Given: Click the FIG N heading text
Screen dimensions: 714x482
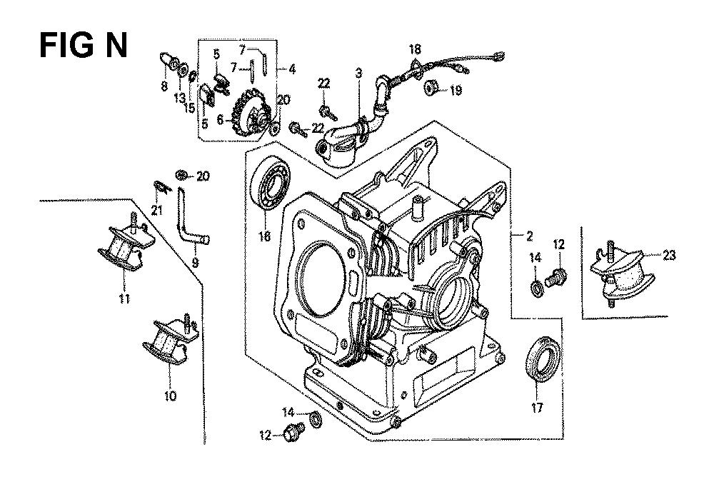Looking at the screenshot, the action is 84,46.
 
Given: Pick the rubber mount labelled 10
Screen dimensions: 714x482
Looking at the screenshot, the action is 170,339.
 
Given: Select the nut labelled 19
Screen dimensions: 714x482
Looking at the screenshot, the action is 431,87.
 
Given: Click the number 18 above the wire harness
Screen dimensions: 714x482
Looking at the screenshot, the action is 415,49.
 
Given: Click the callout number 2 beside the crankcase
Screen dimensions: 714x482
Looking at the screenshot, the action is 529,236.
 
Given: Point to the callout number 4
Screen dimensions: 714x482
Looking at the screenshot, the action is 292,69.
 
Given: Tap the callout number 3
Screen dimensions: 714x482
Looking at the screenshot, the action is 359,73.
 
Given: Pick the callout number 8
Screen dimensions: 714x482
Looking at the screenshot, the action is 164,86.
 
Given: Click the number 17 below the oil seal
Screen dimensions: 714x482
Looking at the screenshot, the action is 538,406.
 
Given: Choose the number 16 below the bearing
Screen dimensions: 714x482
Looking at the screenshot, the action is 265,236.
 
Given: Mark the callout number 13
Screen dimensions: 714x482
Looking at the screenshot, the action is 179,97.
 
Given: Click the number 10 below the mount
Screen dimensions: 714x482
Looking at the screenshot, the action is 170,396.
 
